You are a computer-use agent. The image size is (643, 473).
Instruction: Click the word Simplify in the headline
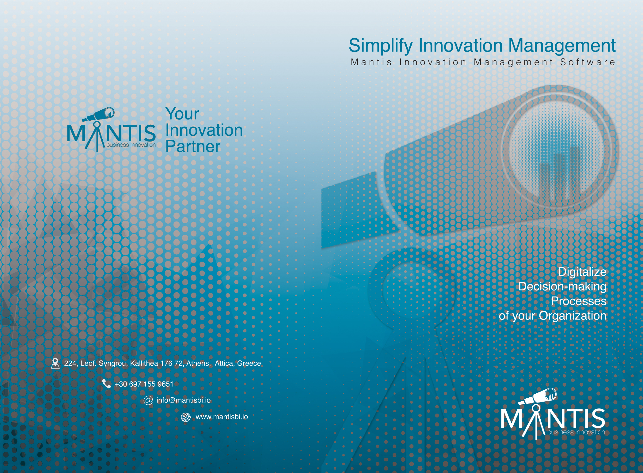click(x=381, y=46)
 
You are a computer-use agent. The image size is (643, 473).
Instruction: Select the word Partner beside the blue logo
click(x=193, y=146)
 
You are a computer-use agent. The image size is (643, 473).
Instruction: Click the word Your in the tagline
click(x=182, y=114)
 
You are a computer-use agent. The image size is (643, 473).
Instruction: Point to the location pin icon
click(x=55, y=363)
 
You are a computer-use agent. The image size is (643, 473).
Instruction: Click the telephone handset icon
click(x=106, y=384)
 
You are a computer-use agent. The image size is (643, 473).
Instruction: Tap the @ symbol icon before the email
click(x=148, y=400)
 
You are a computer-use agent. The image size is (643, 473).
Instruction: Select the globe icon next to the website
click(x=186, y=417)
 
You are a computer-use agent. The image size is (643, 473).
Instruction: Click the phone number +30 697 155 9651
click(x=144, y=384)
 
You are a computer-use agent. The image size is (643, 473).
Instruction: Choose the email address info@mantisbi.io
click(x=184, y=400)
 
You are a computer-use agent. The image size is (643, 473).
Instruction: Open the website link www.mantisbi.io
click(x=222, y=417)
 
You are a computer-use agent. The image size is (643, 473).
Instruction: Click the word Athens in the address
click(x=198, y=363)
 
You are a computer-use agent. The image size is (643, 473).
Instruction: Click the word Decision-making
click(x=562, y=286)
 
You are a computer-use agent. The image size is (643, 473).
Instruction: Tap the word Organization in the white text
click(x=573, y=316)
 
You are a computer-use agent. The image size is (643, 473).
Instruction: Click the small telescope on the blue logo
click(x=98, y=115)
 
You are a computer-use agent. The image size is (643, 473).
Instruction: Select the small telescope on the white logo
click(x=538, y=396)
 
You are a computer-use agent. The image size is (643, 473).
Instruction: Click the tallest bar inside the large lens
click(x=575, y=173)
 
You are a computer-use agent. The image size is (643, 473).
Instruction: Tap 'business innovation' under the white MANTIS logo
click(x=576, y=432)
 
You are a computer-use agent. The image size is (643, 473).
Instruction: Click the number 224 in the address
click(x=70, y=363)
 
